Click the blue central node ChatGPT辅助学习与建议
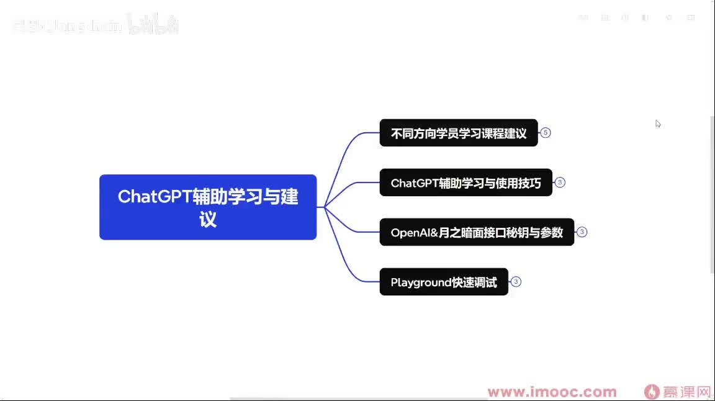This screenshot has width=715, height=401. tap(208, 207)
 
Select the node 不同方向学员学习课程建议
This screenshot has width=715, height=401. tap(458, 133)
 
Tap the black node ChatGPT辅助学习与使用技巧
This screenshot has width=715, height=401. tap(465, 182)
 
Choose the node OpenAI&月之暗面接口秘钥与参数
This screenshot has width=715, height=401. tap(477, 232)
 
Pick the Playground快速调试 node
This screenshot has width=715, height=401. tap(444, 282)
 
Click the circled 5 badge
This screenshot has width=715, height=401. tap(546, 133)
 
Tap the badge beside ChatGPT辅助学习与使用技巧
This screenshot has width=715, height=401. tap(560, 182)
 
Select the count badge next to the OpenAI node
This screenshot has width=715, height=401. tap(582, 232)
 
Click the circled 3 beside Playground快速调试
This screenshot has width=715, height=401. tap(516, 282)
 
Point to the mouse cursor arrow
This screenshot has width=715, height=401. tap(657, 123)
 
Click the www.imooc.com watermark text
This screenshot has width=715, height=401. tap(552, 392)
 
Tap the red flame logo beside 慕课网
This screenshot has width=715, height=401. tap(652, 392)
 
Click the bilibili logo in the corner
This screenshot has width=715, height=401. tap(153, 25)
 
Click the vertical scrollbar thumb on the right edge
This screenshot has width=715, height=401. tap(712, 192)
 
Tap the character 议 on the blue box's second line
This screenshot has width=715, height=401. tap(208, 220)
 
